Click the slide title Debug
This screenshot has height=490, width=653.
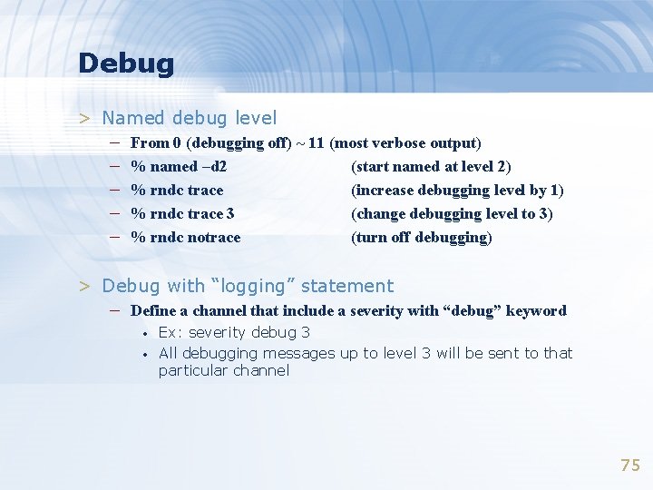click(125, 64)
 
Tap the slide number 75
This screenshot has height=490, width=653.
click(629, 465)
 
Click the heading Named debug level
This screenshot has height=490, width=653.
click(190, 118)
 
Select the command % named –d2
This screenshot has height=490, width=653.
click(179, 167)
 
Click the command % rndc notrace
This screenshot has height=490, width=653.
click(186, 238)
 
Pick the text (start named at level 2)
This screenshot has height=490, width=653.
click(431, 167)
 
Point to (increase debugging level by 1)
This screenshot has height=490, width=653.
click(457, 191)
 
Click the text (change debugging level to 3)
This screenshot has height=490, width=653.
click(452, 214)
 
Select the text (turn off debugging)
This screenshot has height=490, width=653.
click(422, 238)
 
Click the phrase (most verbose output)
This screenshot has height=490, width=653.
click(405, 143)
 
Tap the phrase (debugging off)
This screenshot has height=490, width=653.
click(239, 143)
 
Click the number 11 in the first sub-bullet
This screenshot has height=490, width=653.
click(317, 143)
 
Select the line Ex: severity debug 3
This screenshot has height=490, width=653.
click(234, 332)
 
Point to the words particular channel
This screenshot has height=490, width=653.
click(224, 370)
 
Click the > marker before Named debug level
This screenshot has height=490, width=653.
click(83, 118)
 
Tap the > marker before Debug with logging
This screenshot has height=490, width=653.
click(83, 286)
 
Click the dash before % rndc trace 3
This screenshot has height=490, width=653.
click(116, 214)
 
